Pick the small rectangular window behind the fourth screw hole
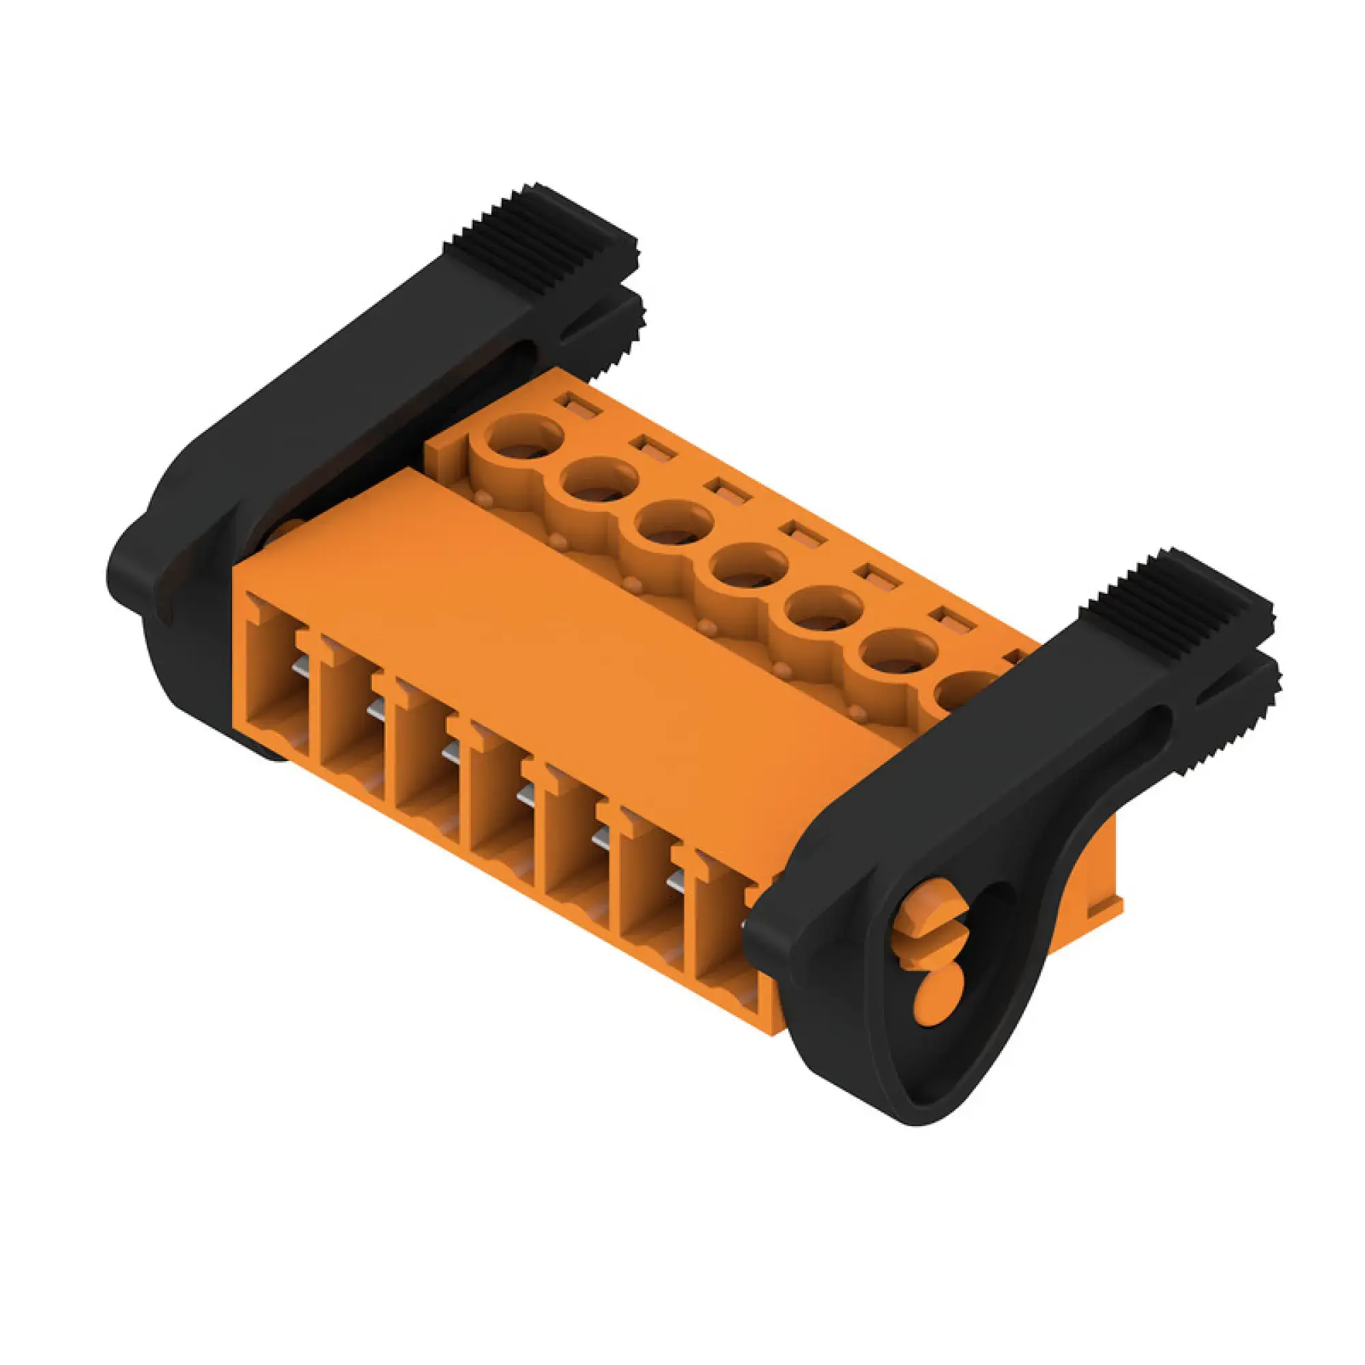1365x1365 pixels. point(803,535)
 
